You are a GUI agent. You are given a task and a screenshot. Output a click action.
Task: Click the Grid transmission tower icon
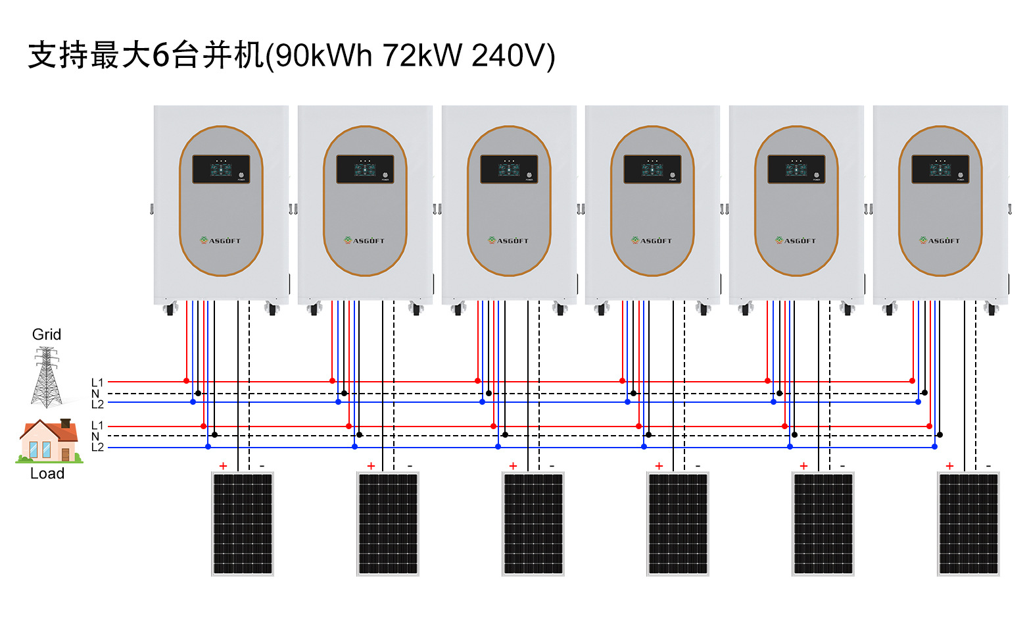pos(47,377)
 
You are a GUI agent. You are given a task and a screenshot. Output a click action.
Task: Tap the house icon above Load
pos(49,442)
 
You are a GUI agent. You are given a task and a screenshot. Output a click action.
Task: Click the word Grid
pos(47,334)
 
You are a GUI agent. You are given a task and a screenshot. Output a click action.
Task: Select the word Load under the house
pos(47,474)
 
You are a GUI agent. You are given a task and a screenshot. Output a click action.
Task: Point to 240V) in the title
pos(513,55)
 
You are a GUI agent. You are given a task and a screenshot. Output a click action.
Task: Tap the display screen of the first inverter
pos(221,169)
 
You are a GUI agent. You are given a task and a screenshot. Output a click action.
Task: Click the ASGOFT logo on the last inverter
pos(940,241)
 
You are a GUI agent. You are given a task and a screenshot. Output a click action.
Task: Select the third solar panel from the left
pos(533,524)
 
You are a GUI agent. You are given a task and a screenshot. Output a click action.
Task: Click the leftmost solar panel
pos(243,524)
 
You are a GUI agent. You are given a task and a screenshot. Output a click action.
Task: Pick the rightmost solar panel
pos(968,524)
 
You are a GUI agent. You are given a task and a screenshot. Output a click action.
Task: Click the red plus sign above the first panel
pos(223,466)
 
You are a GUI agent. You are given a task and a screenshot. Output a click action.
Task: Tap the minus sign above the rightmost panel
pos(988,466)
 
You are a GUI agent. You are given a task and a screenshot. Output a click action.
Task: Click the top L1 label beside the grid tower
pos(97,382)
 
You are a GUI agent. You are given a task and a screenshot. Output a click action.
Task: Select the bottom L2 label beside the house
pos(97,448)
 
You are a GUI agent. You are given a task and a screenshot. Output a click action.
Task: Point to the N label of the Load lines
pos(96,436)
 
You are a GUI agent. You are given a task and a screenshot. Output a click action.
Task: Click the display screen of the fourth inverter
pos(652,169)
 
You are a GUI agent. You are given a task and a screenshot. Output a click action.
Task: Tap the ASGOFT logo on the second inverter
pos(365,241)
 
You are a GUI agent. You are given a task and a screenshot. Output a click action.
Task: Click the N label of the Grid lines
pos(96,394)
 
